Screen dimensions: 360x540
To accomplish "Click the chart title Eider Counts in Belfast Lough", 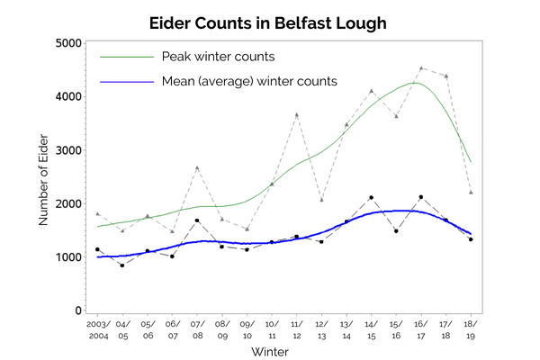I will [x=270, y=22].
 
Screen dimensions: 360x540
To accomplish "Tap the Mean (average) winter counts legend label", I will [x=249, y=81].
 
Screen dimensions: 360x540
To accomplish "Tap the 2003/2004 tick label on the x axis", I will [x=98, y=328].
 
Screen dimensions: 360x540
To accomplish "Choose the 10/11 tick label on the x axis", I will [x=271, y=328].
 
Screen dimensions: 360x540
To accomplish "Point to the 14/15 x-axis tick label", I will [x=371, y=328].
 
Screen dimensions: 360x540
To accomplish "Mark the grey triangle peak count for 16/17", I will [x=421, y=67].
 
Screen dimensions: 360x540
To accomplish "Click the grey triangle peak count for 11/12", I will [x=296, y=114].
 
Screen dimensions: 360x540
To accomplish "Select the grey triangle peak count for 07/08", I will [x=197, y=167].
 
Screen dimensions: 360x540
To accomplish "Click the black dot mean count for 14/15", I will [x=371, y=197].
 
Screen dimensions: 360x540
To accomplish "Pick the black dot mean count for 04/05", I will [x=122, y=265].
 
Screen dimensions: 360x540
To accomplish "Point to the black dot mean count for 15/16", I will [x=396, y=230].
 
